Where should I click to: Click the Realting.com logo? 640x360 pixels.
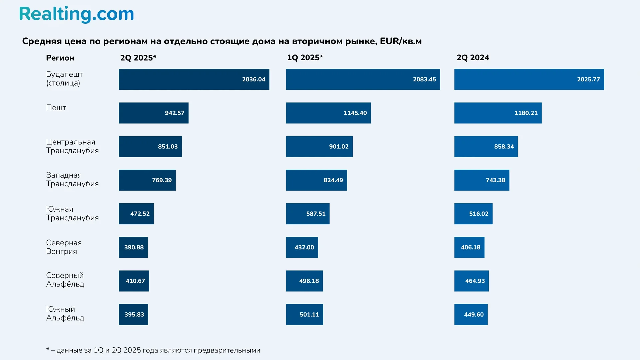[x=76, y=14]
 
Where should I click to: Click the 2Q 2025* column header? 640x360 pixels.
[x=138, y=58]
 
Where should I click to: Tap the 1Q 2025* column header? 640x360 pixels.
[x=305, y=58]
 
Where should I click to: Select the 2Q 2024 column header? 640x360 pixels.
[x=473, y=58]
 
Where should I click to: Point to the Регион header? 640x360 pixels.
[x=60, y=58]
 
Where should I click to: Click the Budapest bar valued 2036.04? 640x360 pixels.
[x=194, y=79]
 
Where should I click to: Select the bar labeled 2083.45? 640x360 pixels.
[x=363, y=79]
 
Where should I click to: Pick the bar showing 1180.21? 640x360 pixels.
[x=498, y=113]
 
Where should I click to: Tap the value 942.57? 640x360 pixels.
[x=174, y=113]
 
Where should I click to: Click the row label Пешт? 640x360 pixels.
[x=56, y=108]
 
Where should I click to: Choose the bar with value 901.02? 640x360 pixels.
[x=319, y=147]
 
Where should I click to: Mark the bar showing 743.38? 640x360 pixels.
[x=481, y=180]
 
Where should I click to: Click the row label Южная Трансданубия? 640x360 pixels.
[x=72, y=213]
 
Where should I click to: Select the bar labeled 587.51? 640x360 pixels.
[x=307, y=214]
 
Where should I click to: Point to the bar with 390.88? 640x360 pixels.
[x=133, y=247]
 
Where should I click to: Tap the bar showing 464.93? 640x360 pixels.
[x=471, y=281]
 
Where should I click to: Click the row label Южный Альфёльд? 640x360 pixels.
[x=65, y=314]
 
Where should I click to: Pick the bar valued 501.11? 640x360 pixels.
[x=304, y=315]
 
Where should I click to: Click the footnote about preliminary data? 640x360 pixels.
[x=153, y=350]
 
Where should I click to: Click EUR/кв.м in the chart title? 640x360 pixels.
[x=401, y=41]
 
